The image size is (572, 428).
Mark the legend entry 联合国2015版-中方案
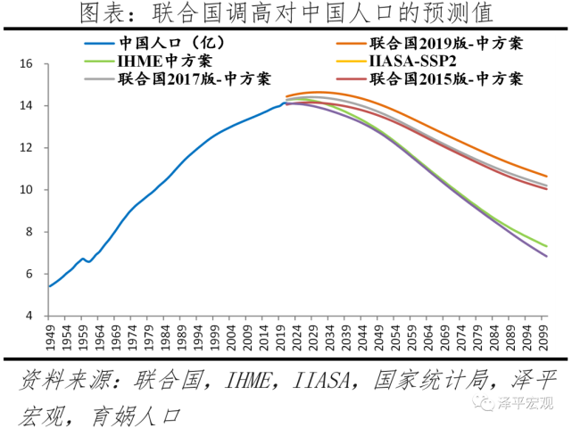pyautogui.click(x=445, y=79)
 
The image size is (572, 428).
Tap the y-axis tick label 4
pyautogui.click(x=29, y=316)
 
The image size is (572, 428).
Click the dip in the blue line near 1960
pyautogui.click(x=88, y=261)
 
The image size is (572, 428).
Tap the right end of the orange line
pyautogui.click(x=546, y=176)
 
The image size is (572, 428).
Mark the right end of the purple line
pyautogui.click(x=546, y=256)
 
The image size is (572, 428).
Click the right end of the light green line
pyautogui.click(x=546, y=246)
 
